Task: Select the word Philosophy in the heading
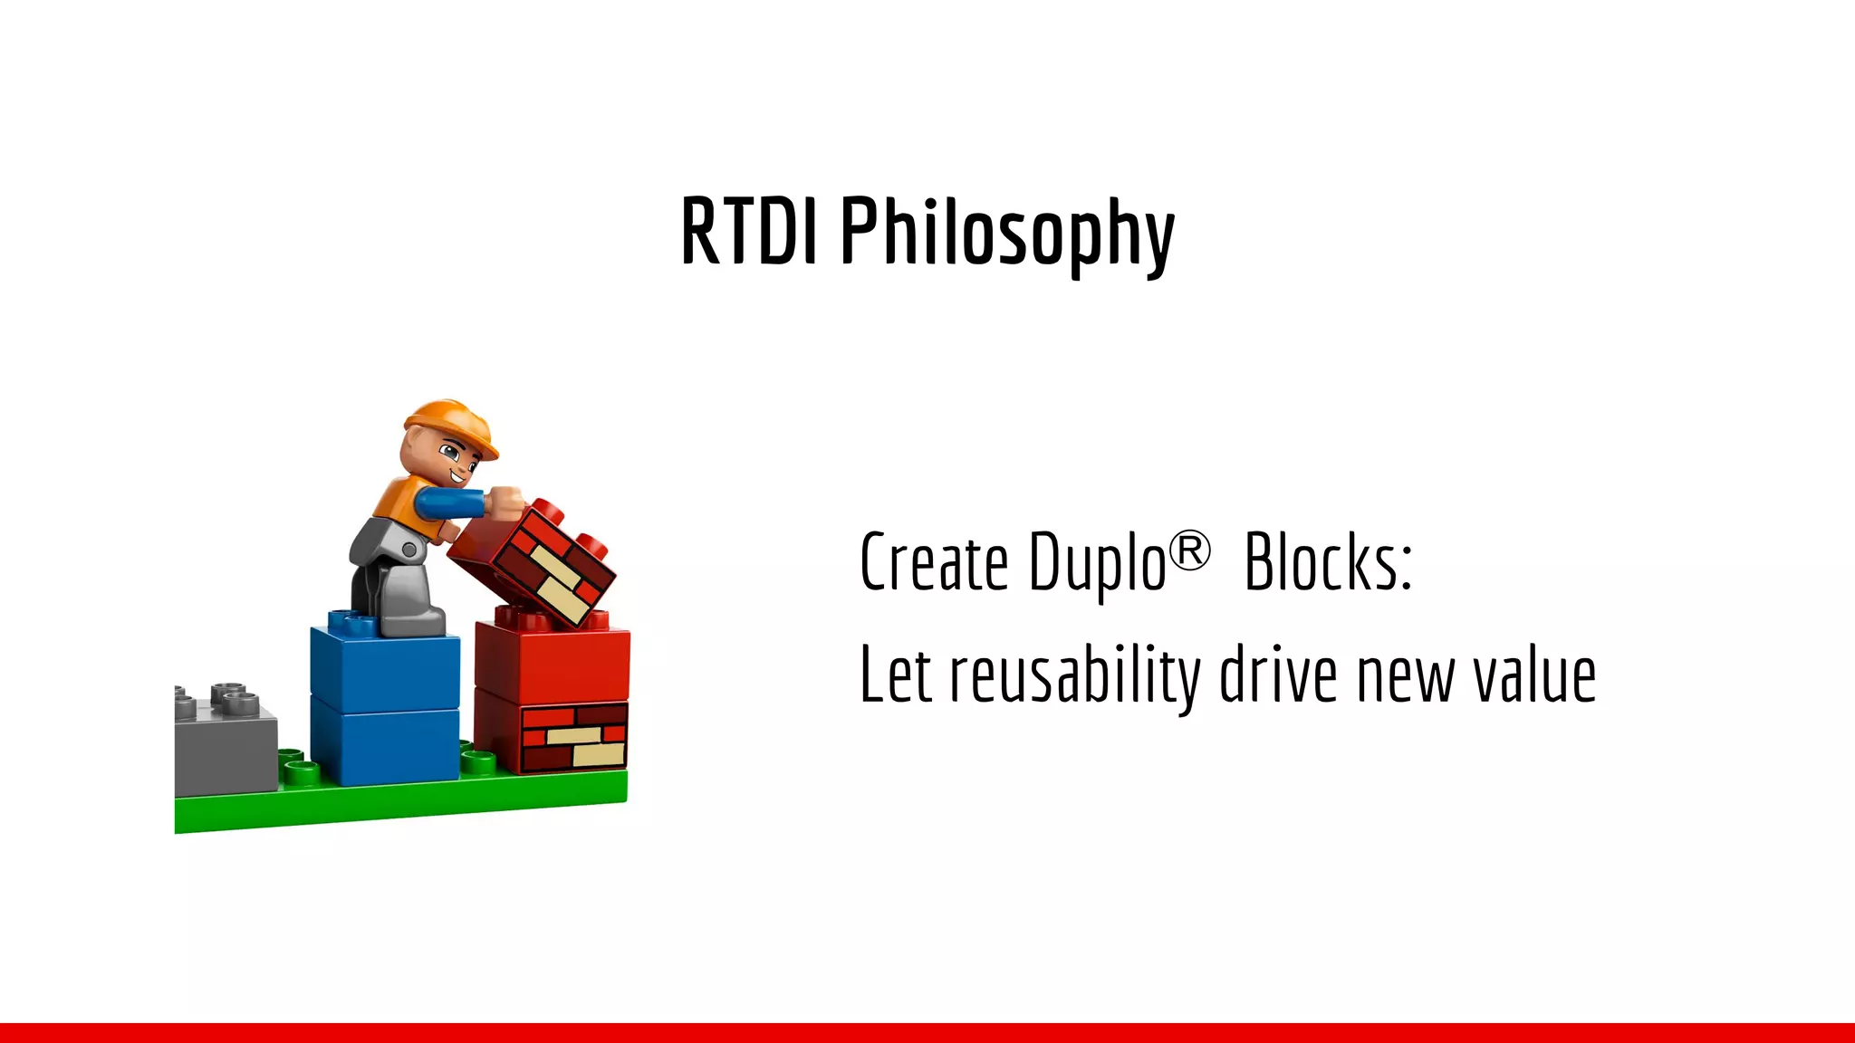pos(1007,234)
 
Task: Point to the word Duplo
pos(1097,565)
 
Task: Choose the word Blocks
pos(1327,563)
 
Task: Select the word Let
pos(896,675)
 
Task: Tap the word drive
pos(1278,675)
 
